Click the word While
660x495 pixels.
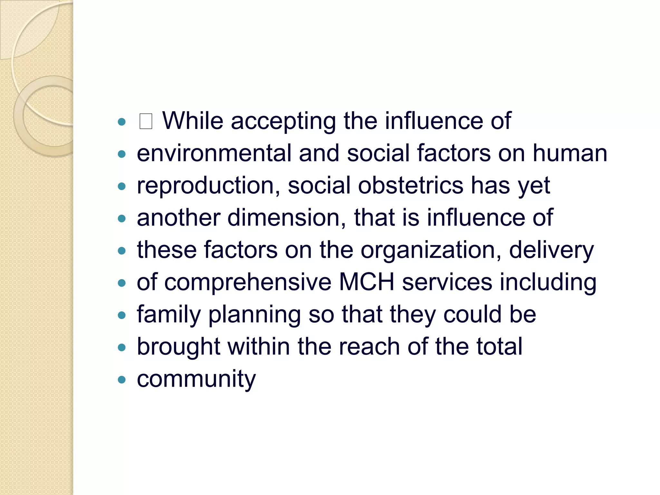tap(192, 121)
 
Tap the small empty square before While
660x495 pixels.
tap(146, 121)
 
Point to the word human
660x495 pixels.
tap(569, 153)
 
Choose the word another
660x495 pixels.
tap(179, 218)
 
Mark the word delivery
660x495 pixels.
tap(551, 250)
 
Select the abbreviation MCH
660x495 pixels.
tap(366, 282)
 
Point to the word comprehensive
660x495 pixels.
tap(247, 283)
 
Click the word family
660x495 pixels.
tap(169, 315)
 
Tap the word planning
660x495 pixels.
tap(255, 315)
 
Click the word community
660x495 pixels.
tap(196, 379)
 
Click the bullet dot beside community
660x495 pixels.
tap(121, 380)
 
